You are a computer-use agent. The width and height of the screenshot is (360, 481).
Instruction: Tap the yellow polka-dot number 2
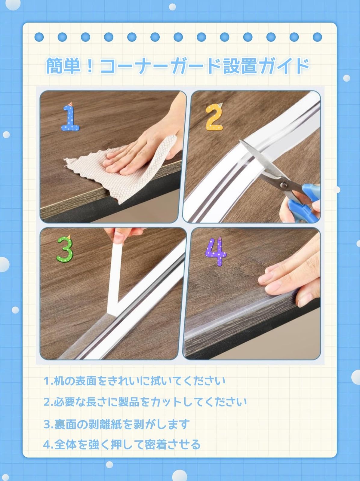point(214,117)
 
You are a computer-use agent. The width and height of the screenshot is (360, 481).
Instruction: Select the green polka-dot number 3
point(65,249)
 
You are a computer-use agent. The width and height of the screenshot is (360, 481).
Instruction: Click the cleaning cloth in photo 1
point(123,169)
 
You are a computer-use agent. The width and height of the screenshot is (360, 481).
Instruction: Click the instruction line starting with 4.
point(122,444)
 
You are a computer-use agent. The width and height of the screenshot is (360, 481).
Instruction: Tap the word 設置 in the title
point(240,65)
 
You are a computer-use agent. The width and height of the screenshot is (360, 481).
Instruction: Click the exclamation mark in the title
point(90,65)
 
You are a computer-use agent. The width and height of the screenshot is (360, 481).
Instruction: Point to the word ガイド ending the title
point(284,65)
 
